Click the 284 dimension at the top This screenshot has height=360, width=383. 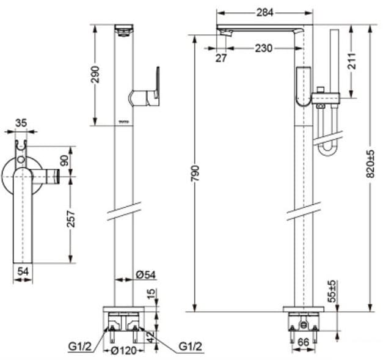(264, 12)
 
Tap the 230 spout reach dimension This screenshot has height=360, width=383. (264, 48)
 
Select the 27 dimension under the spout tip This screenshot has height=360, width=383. (221, 59)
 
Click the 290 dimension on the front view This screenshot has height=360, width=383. (94, 74)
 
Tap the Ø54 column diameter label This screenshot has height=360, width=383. (145, 276)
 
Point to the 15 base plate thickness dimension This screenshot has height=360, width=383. (150, 294)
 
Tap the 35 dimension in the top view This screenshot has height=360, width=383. (21, 123)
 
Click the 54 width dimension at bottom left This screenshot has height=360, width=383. (23, 271)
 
